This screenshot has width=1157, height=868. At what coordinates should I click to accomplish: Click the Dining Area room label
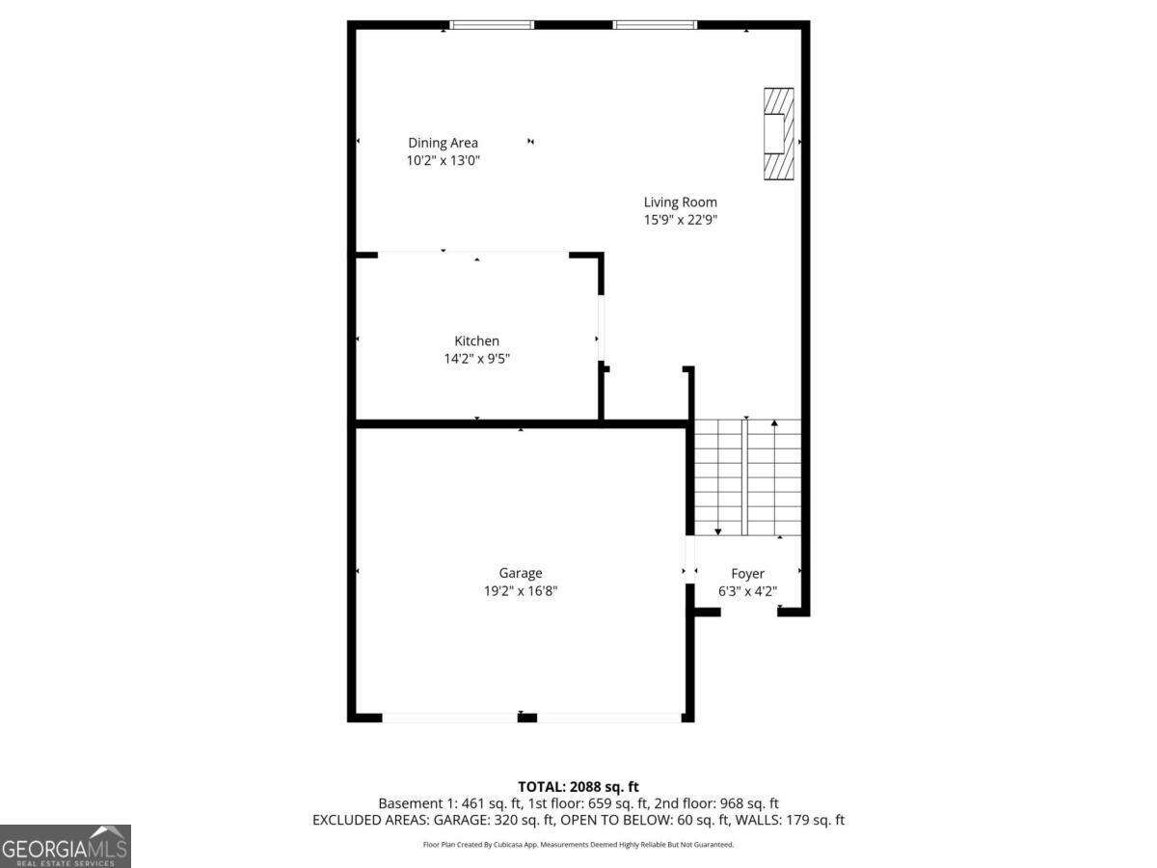click(x=443, y=143)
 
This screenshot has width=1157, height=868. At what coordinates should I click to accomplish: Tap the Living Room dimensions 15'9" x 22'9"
click(x=680, y=220)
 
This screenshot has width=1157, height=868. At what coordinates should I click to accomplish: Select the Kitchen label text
click(x=477, y=340)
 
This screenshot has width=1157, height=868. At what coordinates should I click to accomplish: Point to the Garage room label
click(x=521, y=573)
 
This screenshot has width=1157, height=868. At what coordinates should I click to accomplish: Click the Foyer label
click(x=747, y=574)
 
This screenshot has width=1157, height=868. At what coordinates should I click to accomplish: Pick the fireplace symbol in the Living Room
click(x=778, y=133)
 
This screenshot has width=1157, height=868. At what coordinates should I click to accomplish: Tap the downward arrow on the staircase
click(x=718, y=530)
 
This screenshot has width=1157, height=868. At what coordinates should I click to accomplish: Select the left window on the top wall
click(x=492, y=24)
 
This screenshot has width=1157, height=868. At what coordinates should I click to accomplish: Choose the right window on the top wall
click(x=655, y=24)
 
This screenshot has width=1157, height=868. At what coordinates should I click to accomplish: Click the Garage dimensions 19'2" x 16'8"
click(x=521, y=591)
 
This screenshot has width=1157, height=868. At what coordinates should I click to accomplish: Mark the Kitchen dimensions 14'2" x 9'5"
click(x=477, y=359)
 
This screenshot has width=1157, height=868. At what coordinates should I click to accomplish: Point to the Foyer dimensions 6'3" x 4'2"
click(x=747, y=591)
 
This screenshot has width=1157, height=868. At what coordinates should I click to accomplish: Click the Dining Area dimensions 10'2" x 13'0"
click(x=443, y=161)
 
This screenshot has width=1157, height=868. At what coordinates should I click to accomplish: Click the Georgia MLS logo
click(x=66, y=846)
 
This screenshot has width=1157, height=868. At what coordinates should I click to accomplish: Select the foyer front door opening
click(x=749, y=611)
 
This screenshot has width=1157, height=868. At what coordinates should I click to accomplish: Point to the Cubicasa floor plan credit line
click(x=578, y=845)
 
